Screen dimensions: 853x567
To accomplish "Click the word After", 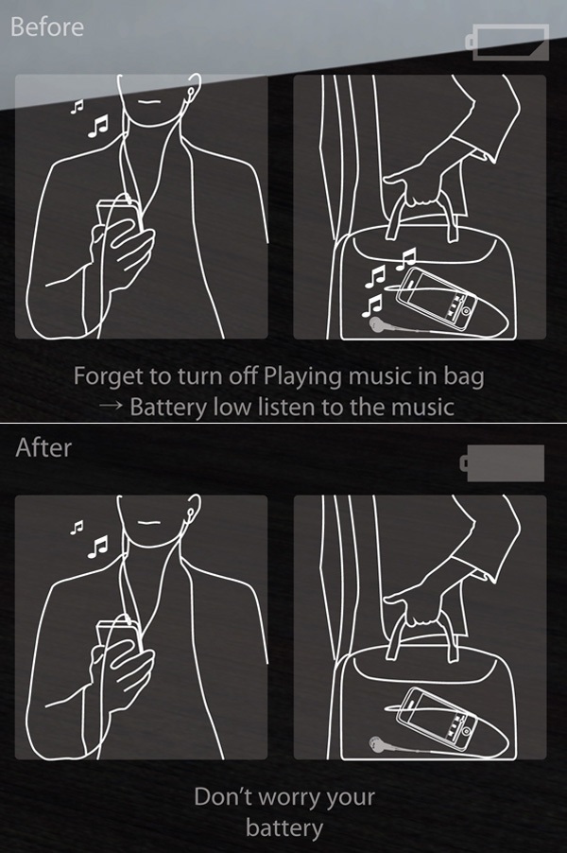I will coord(43,447).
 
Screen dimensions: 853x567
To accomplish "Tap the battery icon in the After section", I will coord(502,463).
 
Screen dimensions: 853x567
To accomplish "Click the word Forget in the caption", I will coord(106,376).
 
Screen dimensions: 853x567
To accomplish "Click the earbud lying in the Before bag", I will coord(378,324).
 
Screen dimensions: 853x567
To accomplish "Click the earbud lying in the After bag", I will coord(376,745).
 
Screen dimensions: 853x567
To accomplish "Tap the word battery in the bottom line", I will coord(283,829).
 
